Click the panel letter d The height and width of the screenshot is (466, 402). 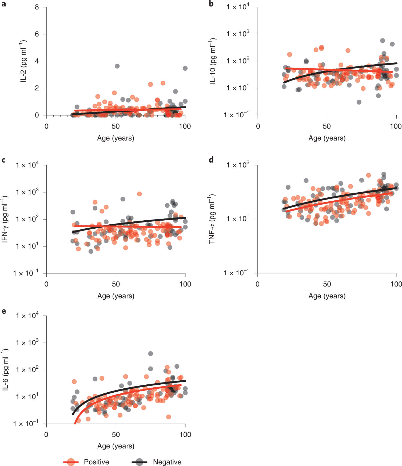(211, 160)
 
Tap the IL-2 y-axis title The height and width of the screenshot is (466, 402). (23, 61)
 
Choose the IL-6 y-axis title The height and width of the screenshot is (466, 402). (5, 369)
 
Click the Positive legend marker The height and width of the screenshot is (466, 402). (71, 462)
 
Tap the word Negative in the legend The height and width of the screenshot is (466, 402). (167, 462)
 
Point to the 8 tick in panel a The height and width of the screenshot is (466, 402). (37, 7)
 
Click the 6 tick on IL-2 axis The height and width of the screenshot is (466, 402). (37, 34)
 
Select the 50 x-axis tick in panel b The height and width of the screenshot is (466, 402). (327, 126)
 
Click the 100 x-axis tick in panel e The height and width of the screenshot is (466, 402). (185, 435)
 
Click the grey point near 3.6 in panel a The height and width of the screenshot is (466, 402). (117, 66)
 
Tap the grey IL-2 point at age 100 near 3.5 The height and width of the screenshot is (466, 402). (185, 68)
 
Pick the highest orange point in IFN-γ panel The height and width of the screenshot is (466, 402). (139, 194)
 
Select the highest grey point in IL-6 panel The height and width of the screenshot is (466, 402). (150, 354)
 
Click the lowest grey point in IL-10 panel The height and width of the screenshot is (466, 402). (359, 102)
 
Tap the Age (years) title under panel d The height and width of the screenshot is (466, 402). (327, 296)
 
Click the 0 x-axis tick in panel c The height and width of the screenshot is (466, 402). (46, 284)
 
